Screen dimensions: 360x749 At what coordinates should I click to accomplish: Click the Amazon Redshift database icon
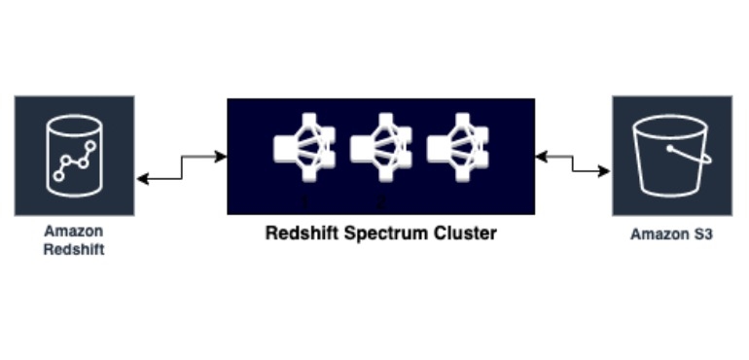pos(74,155)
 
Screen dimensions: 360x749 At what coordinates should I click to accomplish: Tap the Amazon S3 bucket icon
pos(671,155)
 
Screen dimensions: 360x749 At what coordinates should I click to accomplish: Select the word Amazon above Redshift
pos(74,232)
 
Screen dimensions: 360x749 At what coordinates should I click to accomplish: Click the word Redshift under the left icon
pos(74,249)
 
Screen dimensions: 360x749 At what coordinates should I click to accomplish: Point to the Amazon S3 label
pos(671,234)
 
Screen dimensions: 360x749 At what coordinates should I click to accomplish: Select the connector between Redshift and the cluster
pos(181,166)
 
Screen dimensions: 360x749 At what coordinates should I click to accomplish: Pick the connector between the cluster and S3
pos(573,163)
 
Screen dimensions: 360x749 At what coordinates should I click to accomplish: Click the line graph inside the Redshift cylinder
pos(74,162)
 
